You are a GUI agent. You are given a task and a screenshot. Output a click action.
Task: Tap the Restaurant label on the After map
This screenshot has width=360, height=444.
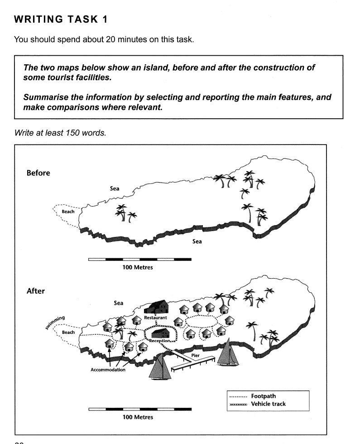pyautogui.click(x=155, y=318)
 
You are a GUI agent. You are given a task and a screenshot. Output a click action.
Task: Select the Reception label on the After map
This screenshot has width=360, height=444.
pyautogui.click(x=162, y=341)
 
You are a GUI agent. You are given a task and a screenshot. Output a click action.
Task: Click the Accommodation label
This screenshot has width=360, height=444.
pyautogui.click(x=108, y=370)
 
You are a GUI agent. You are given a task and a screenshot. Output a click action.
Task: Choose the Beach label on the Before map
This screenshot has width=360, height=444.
pyautogui.click(x=68, y=212)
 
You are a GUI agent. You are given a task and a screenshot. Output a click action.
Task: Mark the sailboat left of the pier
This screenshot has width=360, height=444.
pyautogui.click(x=161, y=366)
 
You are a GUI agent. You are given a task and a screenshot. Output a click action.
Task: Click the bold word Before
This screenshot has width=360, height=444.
pyautogui.click(x=38, y=173)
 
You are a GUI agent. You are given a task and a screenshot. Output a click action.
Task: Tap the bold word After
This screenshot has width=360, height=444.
pyautogui.click(x=36, y=291)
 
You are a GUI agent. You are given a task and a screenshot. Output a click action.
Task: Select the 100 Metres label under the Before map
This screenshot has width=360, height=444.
pyautogui.click(x=138, y=267)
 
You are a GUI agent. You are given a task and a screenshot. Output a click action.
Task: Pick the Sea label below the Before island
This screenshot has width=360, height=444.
pyautogui.click(x=197, y=241)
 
